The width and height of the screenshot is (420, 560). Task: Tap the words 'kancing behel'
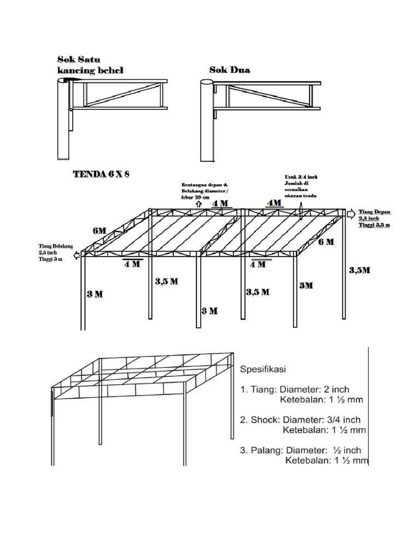coord(90,71)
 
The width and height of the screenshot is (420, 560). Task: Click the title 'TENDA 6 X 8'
coord(101,175)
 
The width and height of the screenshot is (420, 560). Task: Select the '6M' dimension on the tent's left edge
coord(100,231)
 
